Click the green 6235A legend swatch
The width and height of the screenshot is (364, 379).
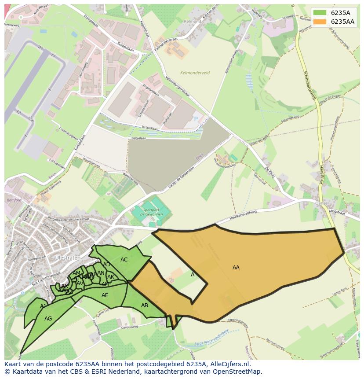point(320,12)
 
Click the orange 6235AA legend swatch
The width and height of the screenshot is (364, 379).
point(320,22)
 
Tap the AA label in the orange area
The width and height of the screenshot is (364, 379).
point(236,268)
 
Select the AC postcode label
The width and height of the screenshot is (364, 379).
point(124,260)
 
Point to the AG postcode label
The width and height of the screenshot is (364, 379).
point(48,319)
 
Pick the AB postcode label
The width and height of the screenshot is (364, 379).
point(145,305)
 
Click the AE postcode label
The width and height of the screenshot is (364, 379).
point(105,295)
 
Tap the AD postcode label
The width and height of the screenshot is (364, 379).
point(106,265)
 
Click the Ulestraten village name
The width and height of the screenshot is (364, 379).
point(66,258)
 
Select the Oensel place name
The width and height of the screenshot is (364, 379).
point(322,203)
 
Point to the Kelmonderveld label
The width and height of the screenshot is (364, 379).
point(195,73)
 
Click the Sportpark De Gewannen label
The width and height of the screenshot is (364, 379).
point(147,212)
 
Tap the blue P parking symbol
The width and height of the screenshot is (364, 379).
point(196,119)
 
